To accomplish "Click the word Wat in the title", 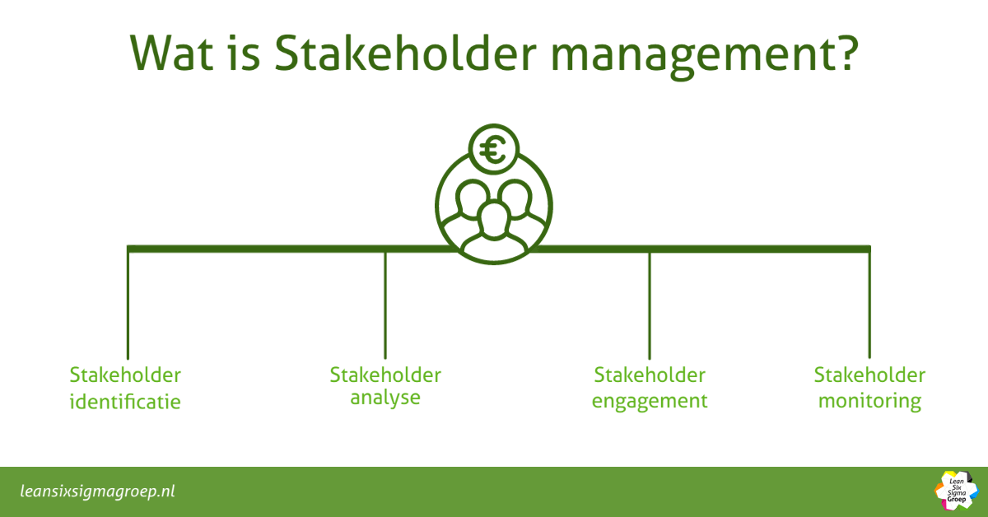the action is (x=171, y=53).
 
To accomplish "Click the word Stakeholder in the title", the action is (x=405, y=53).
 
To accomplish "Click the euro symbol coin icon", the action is (x=493, y=149).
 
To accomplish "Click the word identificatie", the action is (x=125, y=401).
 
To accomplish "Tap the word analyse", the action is (x=385, y=398).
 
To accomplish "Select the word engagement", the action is (x=650, y=402).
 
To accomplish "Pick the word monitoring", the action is (x=869, y=402).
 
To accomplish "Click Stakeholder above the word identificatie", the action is (x=125, y=375).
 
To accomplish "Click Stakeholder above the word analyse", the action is (x=385, y=375).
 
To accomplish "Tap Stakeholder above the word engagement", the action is (x=650, y=375).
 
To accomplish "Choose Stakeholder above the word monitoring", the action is (x=869, y=375).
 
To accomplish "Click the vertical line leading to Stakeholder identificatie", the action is (x=128, y=305).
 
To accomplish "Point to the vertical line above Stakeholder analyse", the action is (x=385, y=305).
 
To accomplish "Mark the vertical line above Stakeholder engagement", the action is (x=650, y=305).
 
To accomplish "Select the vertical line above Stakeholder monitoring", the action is (x=869, y=305).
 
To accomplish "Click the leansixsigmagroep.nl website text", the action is (x=97, y=491).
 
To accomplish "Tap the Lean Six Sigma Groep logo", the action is (x=956, y=491).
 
